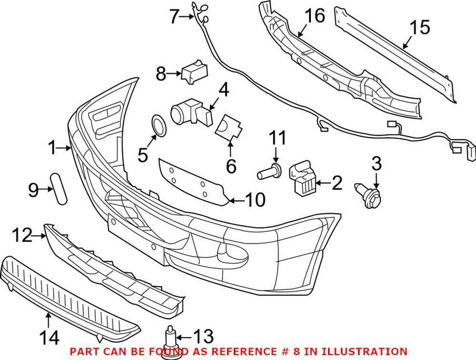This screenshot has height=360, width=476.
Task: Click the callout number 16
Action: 315,15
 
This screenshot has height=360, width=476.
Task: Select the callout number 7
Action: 175,17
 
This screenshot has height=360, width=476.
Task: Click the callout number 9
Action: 33,190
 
